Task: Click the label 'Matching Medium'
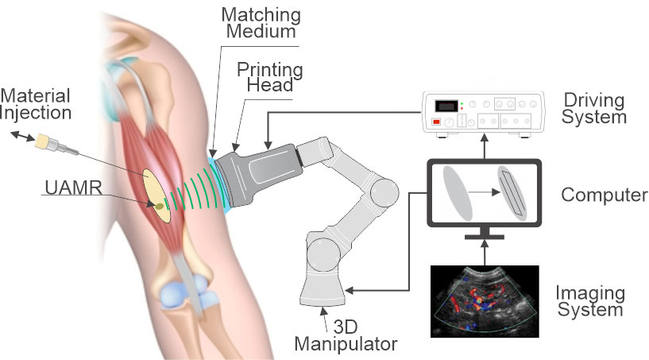(x=261, y=23)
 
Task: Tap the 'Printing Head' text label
(x=270, y=77)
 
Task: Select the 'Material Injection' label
(x=36, y=104)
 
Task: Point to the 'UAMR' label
(x=73, y=188)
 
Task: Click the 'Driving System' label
(x=593, y=108)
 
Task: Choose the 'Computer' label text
(x=605, y=195)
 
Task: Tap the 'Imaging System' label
(x=589, y=301)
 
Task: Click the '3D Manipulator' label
(x=346, y=335)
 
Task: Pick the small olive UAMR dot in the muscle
(x=159, y=206)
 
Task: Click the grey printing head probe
(x=257, y=175)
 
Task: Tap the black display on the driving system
(x=446, y=106)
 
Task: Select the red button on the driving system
(x=436, y=122)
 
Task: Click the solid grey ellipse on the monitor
(x=458, y=193)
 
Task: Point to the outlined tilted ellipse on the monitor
(x=512, y=193)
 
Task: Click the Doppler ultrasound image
(x=485, y=301)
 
